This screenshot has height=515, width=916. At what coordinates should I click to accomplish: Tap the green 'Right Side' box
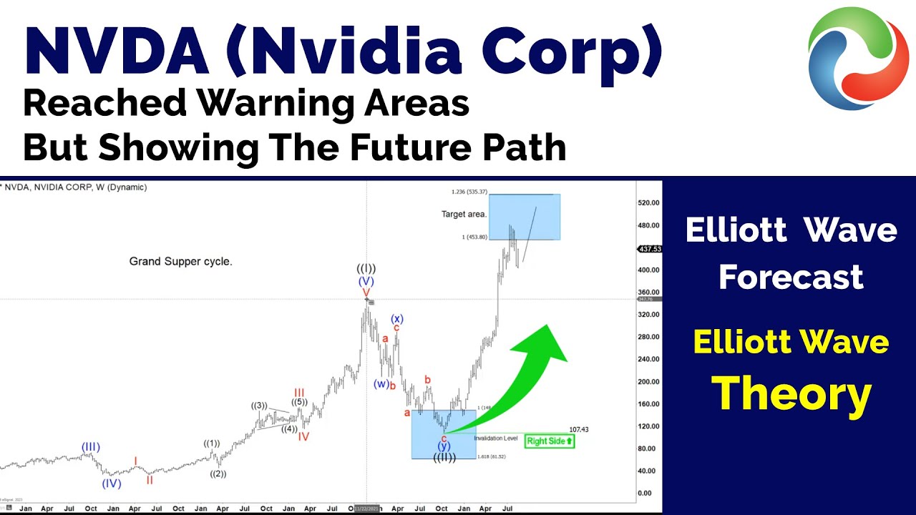click(550, 441)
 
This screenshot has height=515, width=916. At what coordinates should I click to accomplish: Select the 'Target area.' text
click(464, 214)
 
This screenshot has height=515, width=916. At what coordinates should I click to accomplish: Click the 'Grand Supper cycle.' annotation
click(180, 262)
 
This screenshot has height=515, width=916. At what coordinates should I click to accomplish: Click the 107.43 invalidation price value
click(578, 429)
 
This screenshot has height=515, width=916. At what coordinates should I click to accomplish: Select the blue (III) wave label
click(89, 448)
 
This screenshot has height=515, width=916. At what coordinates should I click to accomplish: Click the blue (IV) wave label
click(111, 484)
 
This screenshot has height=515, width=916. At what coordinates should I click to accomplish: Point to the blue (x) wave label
click(397, 318)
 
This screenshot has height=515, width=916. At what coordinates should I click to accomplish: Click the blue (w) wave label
click(381, 384)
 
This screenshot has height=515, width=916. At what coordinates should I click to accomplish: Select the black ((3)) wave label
click(259, 406)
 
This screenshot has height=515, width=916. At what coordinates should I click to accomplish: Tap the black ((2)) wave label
click(218, 474)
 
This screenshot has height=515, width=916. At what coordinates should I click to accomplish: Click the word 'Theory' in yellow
click(791, 395)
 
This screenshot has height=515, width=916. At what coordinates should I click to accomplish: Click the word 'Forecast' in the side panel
click(791, 277)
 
